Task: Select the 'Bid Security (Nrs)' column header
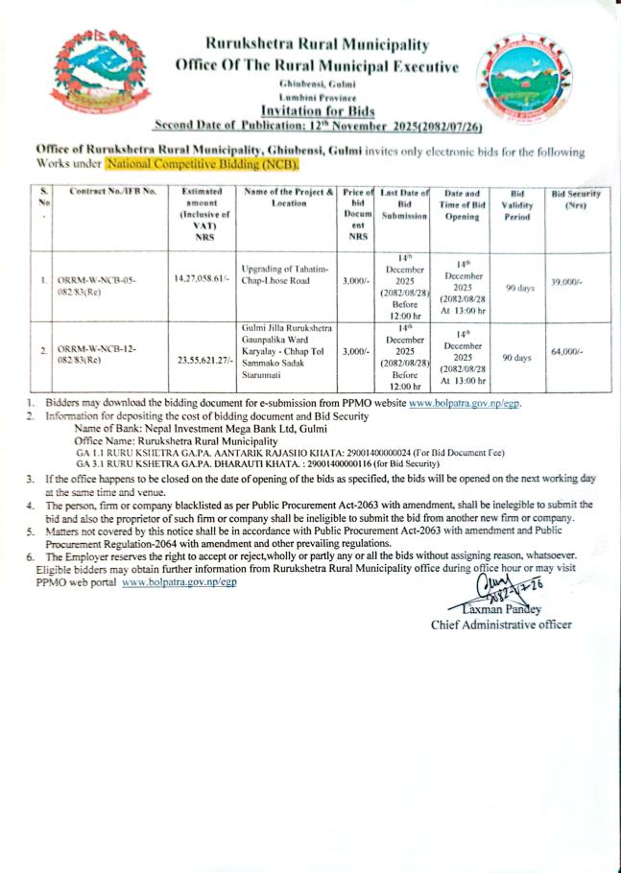tap(576, 200)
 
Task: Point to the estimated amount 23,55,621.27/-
tap(203, 362)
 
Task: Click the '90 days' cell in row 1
tap(519, 287)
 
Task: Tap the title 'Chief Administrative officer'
tap(501, 625)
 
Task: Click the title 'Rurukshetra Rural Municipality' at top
tap(317, 44)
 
